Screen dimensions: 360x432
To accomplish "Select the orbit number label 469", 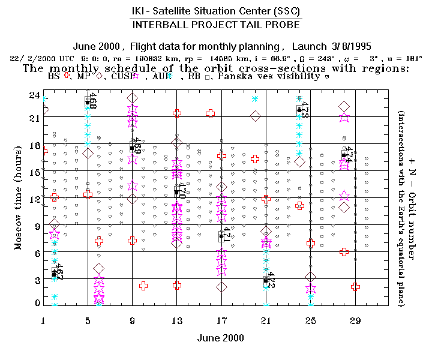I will tap(137, 146).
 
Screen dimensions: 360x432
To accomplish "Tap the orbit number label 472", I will tap(271, 281).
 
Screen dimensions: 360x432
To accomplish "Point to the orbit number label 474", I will tap(349, 155).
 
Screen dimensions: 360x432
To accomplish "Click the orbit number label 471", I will tap(227, 235).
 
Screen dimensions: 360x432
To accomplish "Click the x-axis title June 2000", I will tap(221, 338).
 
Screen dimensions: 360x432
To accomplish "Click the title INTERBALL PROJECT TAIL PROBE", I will tap(216, 25).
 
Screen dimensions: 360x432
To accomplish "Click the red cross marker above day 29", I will tap(355, 287).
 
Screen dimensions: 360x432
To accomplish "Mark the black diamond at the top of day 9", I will tap(133, 98).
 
